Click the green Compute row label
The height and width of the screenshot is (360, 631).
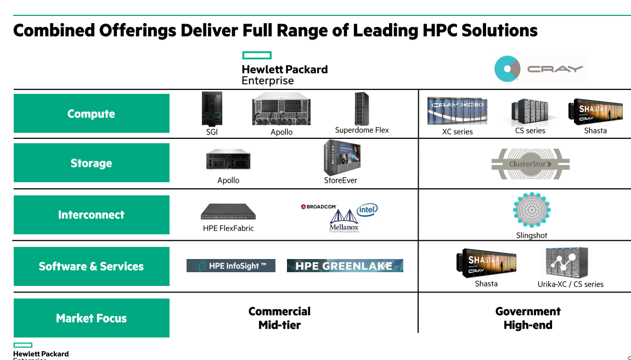(91, 114)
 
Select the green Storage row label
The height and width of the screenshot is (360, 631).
(91, 163)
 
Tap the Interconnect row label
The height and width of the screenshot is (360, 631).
(91, 215)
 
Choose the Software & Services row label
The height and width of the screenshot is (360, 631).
(91, 266)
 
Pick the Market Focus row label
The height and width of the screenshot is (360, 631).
(91, 318)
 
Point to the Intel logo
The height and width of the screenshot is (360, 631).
(367, 210)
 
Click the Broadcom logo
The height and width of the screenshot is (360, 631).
(318, 206)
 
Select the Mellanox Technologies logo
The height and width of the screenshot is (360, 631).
(344, 221)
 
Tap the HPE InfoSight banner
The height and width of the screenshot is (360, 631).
(231, 266)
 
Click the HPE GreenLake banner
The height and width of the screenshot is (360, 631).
(345, 266)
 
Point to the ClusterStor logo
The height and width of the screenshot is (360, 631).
(530, 164)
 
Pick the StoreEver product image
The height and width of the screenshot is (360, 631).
(341, 157)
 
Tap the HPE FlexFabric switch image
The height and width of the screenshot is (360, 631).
(228, 211)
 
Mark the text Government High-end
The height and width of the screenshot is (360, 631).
(528, 318)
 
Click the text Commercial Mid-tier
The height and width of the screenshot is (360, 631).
(279, 318)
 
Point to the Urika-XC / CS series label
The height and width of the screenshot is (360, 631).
(570, 284)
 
